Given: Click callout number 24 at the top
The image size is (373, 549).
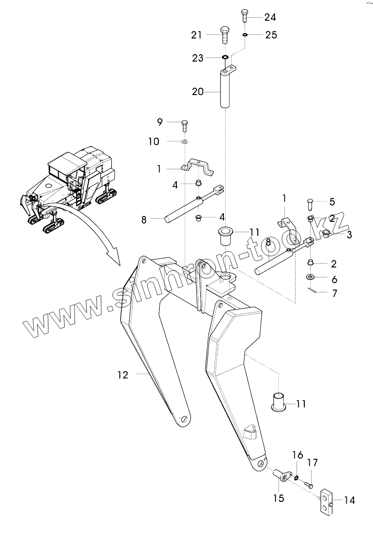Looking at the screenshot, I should point(270,17).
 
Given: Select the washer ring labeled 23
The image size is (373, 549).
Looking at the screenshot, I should point(225,57).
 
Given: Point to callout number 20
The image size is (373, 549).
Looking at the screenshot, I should point(198,91).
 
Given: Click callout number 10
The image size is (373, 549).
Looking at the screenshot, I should point(154,142).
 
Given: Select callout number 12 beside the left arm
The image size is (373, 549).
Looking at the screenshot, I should point(123,375).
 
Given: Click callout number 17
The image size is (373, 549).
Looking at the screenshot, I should point(313,463).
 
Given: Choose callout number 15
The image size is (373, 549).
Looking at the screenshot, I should point(279,498).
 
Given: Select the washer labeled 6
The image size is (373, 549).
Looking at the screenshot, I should point(311,277).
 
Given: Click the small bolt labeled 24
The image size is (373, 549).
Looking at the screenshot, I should point(244,16).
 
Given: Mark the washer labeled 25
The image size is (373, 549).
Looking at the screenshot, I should point(245,34).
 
